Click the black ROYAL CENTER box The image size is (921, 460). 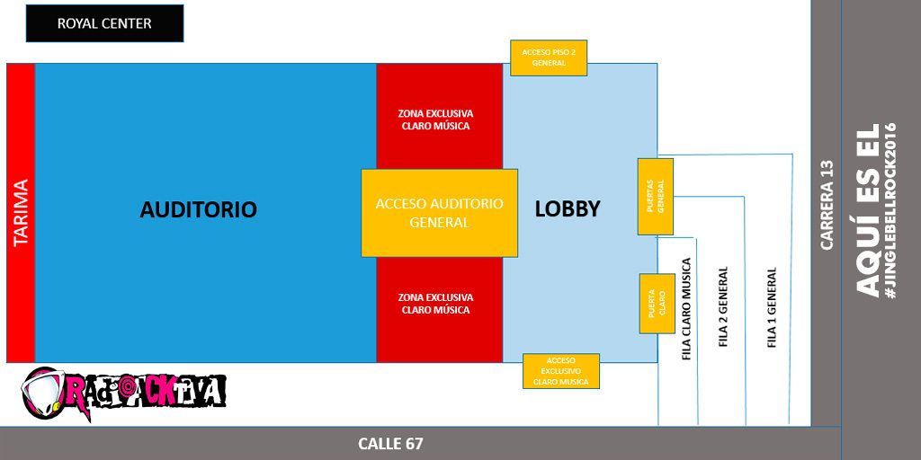[104, 23]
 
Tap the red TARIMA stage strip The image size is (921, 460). [20, 213]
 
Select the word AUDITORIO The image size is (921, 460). [198, 209]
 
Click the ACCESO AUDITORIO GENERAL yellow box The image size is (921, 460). [439, 213]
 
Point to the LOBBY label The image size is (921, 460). [568, 208]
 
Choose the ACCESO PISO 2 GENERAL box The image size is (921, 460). [549, 57]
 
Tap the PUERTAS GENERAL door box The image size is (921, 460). [656, 197]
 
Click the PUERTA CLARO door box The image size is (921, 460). [657, 303]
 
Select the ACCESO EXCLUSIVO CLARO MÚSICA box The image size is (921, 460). [560, 371]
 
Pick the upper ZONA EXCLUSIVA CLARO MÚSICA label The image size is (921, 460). [435, 119]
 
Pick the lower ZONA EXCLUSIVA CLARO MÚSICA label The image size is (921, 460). [435, 303]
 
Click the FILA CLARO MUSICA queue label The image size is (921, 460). [687, 309]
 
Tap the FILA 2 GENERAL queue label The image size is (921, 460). [724, 309]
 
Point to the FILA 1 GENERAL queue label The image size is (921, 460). [772, 308]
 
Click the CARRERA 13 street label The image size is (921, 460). [827, 204]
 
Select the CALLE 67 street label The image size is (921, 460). [390, 444]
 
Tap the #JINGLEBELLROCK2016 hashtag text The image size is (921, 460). [891, 210]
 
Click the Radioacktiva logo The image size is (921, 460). [123, 393]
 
